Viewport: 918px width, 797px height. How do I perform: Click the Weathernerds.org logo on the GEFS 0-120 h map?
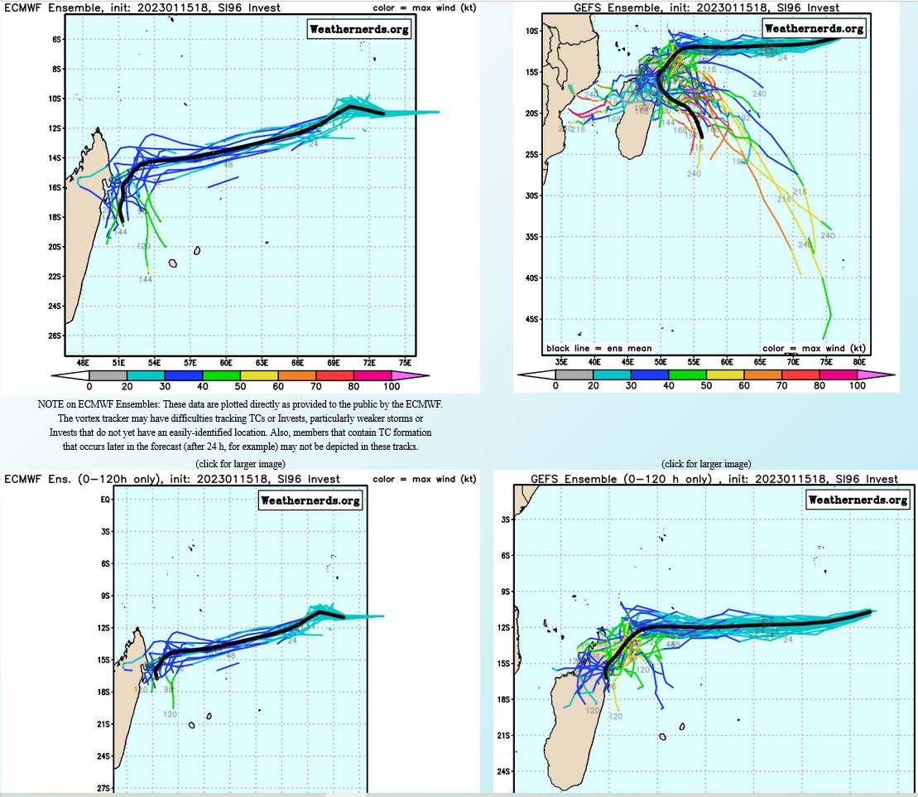(858, 500)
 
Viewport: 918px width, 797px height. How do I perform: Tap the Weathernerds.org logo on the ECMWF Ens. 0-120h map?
(310, 500)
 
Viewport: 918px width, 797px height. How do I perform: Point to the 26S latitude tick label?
(57, 336)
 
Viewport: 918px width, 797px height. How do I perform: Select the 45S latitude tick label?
(532, 319)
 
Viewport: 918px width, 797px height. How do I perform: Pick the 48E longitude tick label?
(83, 363)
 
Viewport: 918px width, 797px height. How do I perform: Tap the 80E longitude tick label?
(858, 362)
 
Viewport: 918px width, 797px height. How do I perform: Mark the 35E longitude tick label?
(561, 362)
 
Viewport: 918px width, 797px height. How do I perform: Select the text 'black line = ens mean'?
(598, 349)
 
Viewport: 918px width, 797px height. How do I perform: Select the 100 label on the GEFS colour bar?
(858, 386)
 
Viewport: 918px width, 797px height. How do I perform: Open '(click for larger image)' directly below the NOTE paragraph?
(240, 463)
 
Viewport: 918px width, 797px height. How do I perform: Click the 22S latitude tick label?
(57, 276)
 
